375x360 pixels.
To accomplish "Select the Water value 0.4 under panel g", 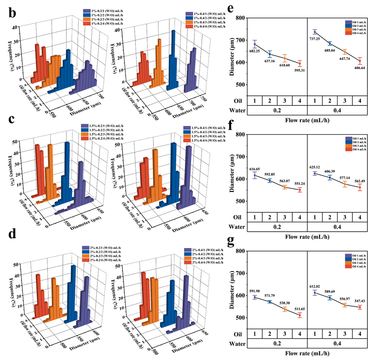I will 337,343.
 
